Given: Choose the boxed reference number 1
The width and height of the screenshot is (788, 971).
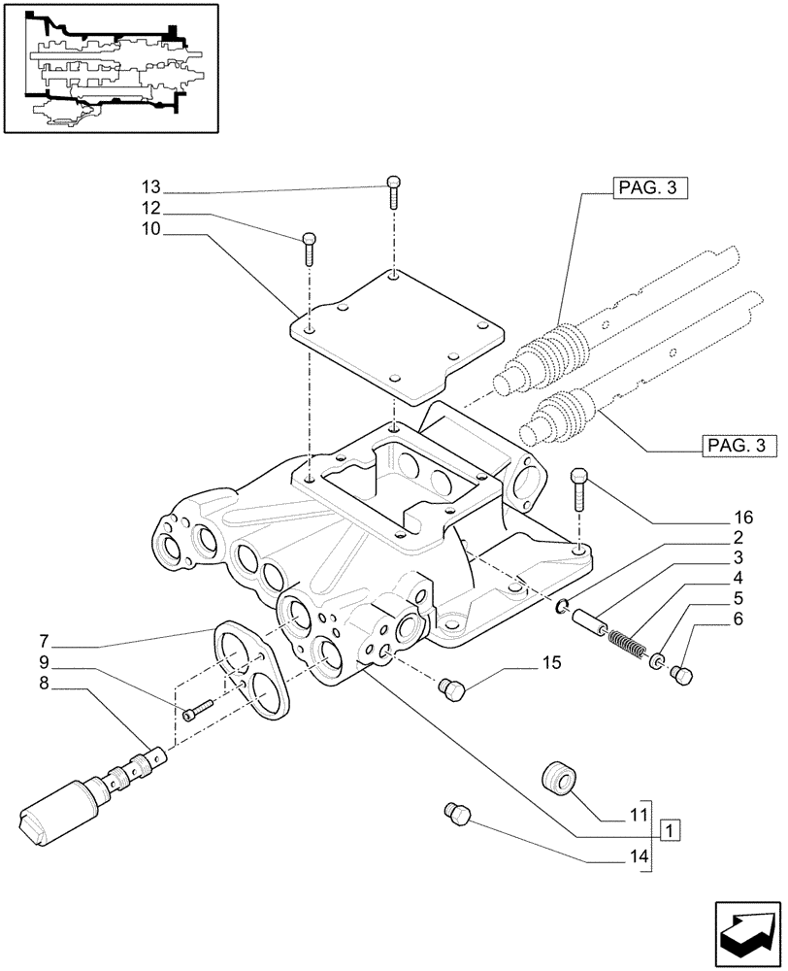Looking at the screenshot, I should click(x=670, y=830).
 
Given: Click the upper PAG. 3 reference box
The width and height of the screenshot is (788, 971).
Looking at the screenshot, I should click(x=649, y=189).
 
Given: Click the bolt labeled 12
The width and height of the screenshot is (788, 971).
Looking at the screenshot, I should click(x=309, y=248).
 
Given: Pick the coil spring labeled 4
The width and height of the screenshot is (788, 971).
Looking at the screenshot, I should click(x=627, y=646).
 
